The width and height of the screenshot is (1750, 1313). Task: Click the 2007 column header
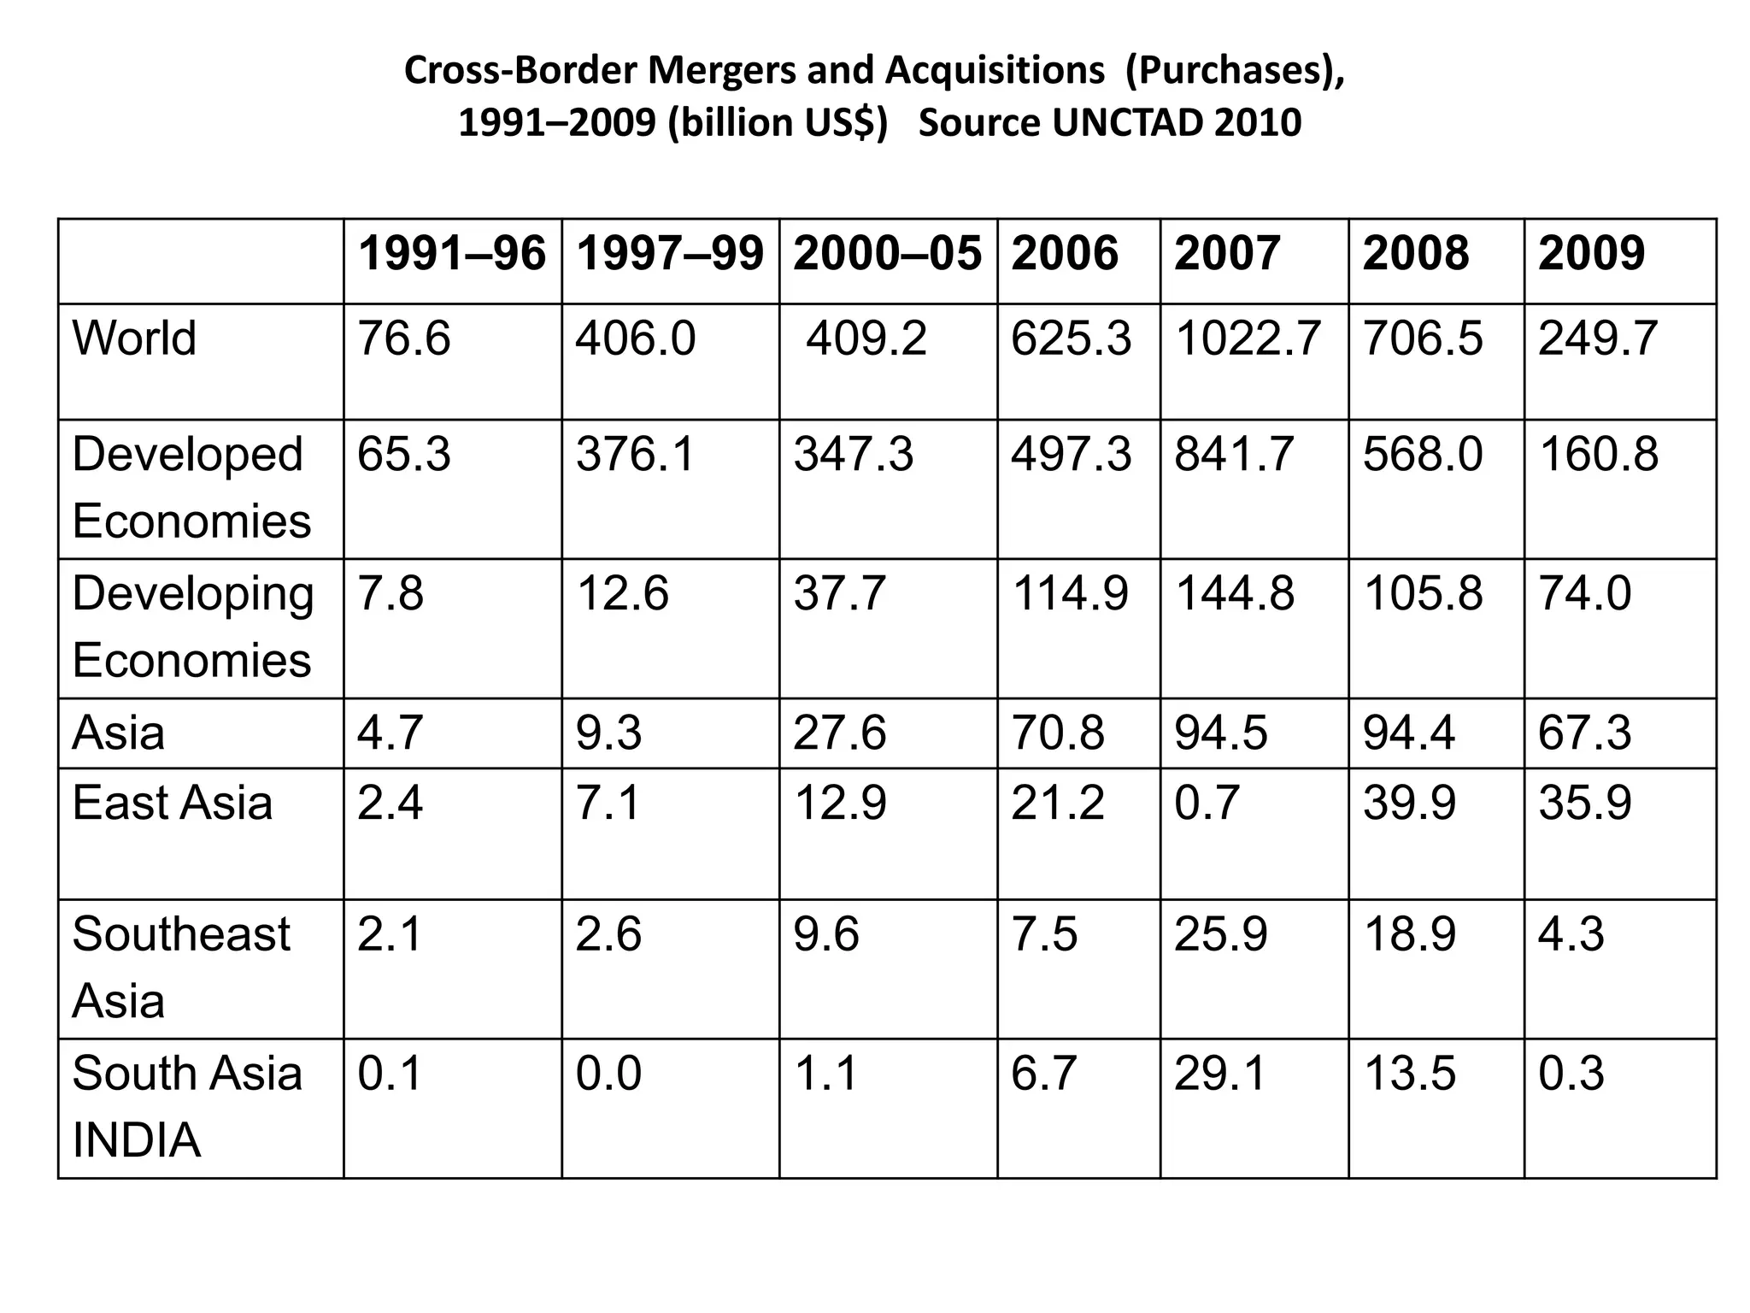pyautogui.click(x=1226, y=254)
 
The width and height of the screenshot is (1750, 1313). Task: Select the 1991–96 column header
pyautogui.click(x=452, y=254)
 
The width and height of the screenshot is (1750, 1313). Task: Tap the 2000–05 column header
pyautogui.click(x=887, y=254)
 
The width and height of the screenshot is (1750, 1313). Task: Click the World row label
pyautogui.click(x=134, y=338)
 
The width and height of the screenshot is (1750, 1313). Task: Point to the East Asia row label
pyautogui.click(x=172, y=803)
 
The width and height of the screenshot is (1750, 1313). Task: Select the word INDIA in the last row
pyautogui.click(x=137, y=1140)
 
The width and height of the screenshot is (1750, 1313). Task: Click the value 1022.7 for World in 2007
pyautogui.click(x=1248, y=338)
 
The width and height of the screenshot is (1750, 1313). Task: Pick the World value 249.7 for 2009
pyautogui.click(x=1598, y=338)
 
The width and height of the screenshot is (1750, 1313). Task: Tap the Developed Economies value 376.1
pyautogui.click(x=635, y=454)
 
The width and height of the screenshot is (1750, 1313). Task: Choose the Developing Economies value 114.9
pyautogui.click(x=1070, y=593)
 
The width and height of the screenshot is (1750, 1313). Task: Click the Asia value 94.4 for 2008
pyautogui.click(x=1408, y=733)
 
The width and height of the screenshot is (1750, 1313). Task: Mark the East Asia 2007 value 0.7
pyautogui.click(x=1207, y=803)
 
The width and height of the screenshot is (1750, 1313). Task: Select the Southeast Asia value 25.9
pyautogui.click(x=1220, y=933)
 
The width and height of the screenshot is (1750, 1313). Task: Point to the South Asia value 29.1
pyautogui.click(x=1219, y=1074)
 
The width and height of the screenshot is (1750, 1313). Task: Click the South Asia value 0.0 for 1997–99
pyautogui.click(x=608, y=1074)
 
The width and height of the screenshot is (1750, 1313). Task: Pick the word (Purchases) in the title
pyautogui.click(x=1234, y=70)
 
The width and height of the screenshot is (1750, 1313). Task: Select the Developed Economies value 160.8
pyautogui.click(x=1598, y=454)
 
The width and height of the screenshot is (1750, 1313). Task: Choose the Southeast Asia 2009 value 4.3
pyautogui.click(x=1571, y=933)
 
